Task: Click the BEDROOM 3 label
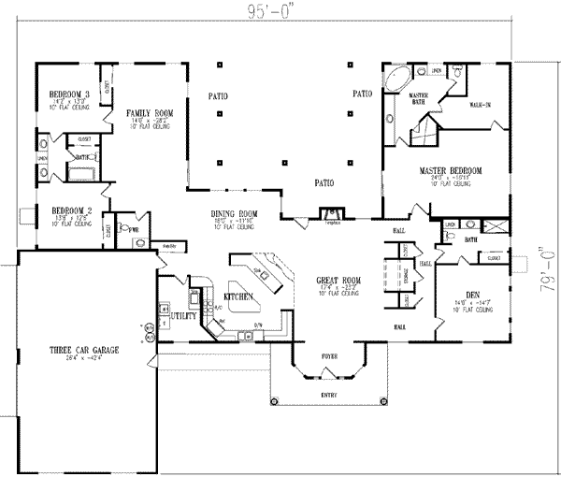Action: [70, 94]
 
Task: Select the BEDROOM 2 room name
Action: [70, 209]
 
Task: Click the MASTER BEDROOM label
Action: [450, 170]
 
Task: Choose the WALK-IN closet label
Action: [481, 104]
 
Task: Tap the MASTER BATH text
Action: [418, 99]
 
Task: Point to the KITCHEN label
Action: [239, 296]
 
